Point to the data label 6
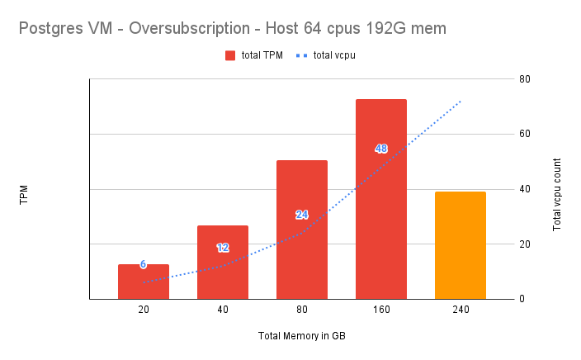144,264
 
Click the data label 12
223,248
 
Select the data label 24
302,215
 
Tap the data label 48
381,149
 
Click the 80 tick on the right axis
524,79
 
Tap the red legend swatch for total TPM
230,55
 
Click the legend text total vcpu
334,55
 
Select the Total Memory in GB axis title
302,335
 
